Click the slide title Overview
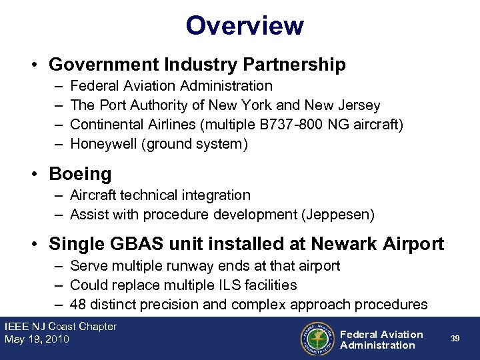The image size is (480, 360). click(245, 26)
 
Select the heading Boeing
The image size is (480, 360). click(80, 174)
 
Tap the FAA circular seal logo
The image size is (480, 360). click(317, 339)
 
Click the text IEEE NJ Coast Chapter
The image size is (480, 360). click(60, 327)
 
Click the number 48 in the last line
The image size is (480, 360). click(78, 305)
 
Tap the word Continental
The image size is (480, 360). click(107, 125)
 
